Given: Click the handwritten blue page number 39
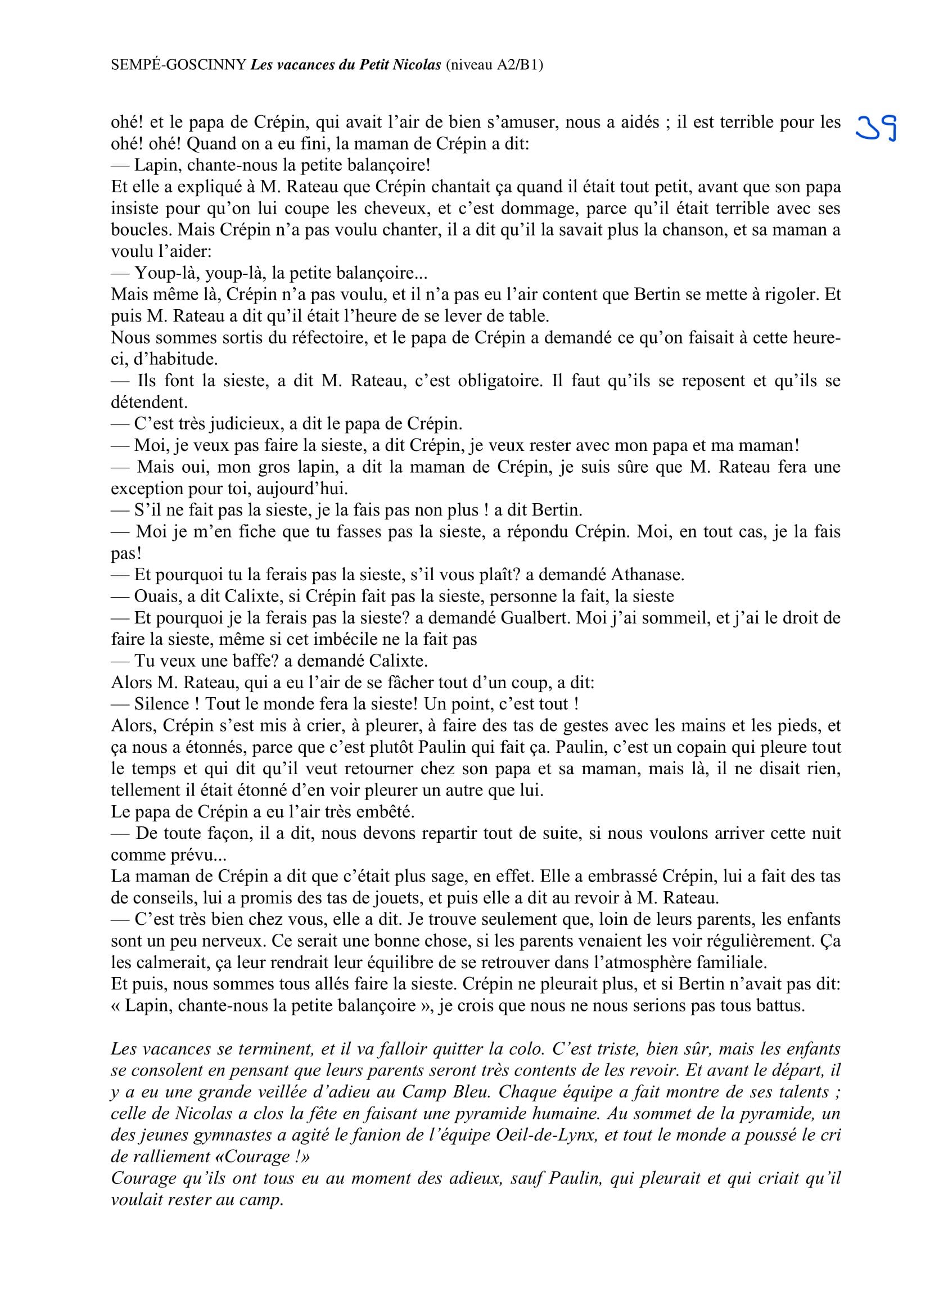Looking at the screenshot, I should pyautogui.click(x=876, y=129).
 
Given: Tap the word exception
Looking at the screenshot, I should pyautogui.click(x=147, y=489).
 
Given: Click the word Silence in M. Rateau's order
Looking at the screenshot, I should pyautogui.click(x=161, y=704).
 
